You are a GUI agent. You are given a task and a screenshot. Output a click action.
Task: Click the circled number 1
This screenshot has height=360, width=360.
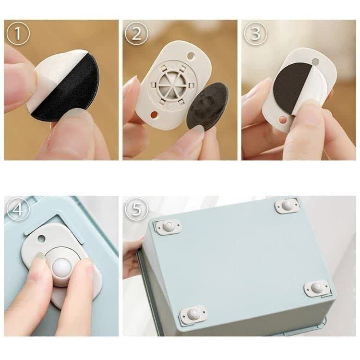(x=18, y=34)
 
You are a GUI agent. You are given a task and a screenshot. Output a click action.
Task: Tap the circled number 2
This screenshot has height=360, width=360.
(x=137, y=34)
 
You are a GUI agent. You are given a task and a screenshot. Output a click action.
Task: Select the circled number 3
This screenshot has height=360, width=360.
(x=255, y=34)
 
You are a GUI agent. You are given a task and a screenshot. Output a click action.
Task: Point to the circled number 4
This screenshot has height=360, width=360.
(x=18, y=209)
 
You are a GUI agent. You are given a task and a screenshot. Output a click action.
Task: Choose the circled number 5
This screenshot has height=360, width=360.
(x=137, y=209)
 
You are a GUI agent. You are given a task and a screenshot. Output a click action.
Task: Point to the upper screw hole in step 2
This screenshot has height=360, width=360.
(x=191, y=55)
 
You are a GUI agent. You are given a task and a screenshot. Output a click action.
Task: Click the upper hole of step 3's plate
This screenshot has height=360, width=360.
(x=316, y=61)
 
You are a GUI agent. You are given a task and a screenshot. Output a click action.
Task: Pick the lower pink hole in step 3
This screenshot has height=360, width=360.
(x=284, y=120)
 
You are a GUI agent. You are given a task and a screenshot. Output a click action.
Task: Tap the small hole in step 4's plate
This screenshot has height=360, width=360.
(x=42, y=239)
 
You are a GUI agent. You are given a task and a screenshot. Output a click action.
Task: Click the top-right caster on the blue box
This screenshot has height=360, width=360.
(x=287, y=205)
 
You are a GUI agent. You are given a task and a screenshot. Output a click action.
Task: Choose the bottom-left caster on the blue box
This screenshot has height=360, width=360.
(x=193, y=313)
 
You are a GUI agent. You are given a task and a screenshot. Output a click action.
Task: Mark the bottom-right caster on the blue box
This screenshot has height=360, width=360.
(x=317, y=287)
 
